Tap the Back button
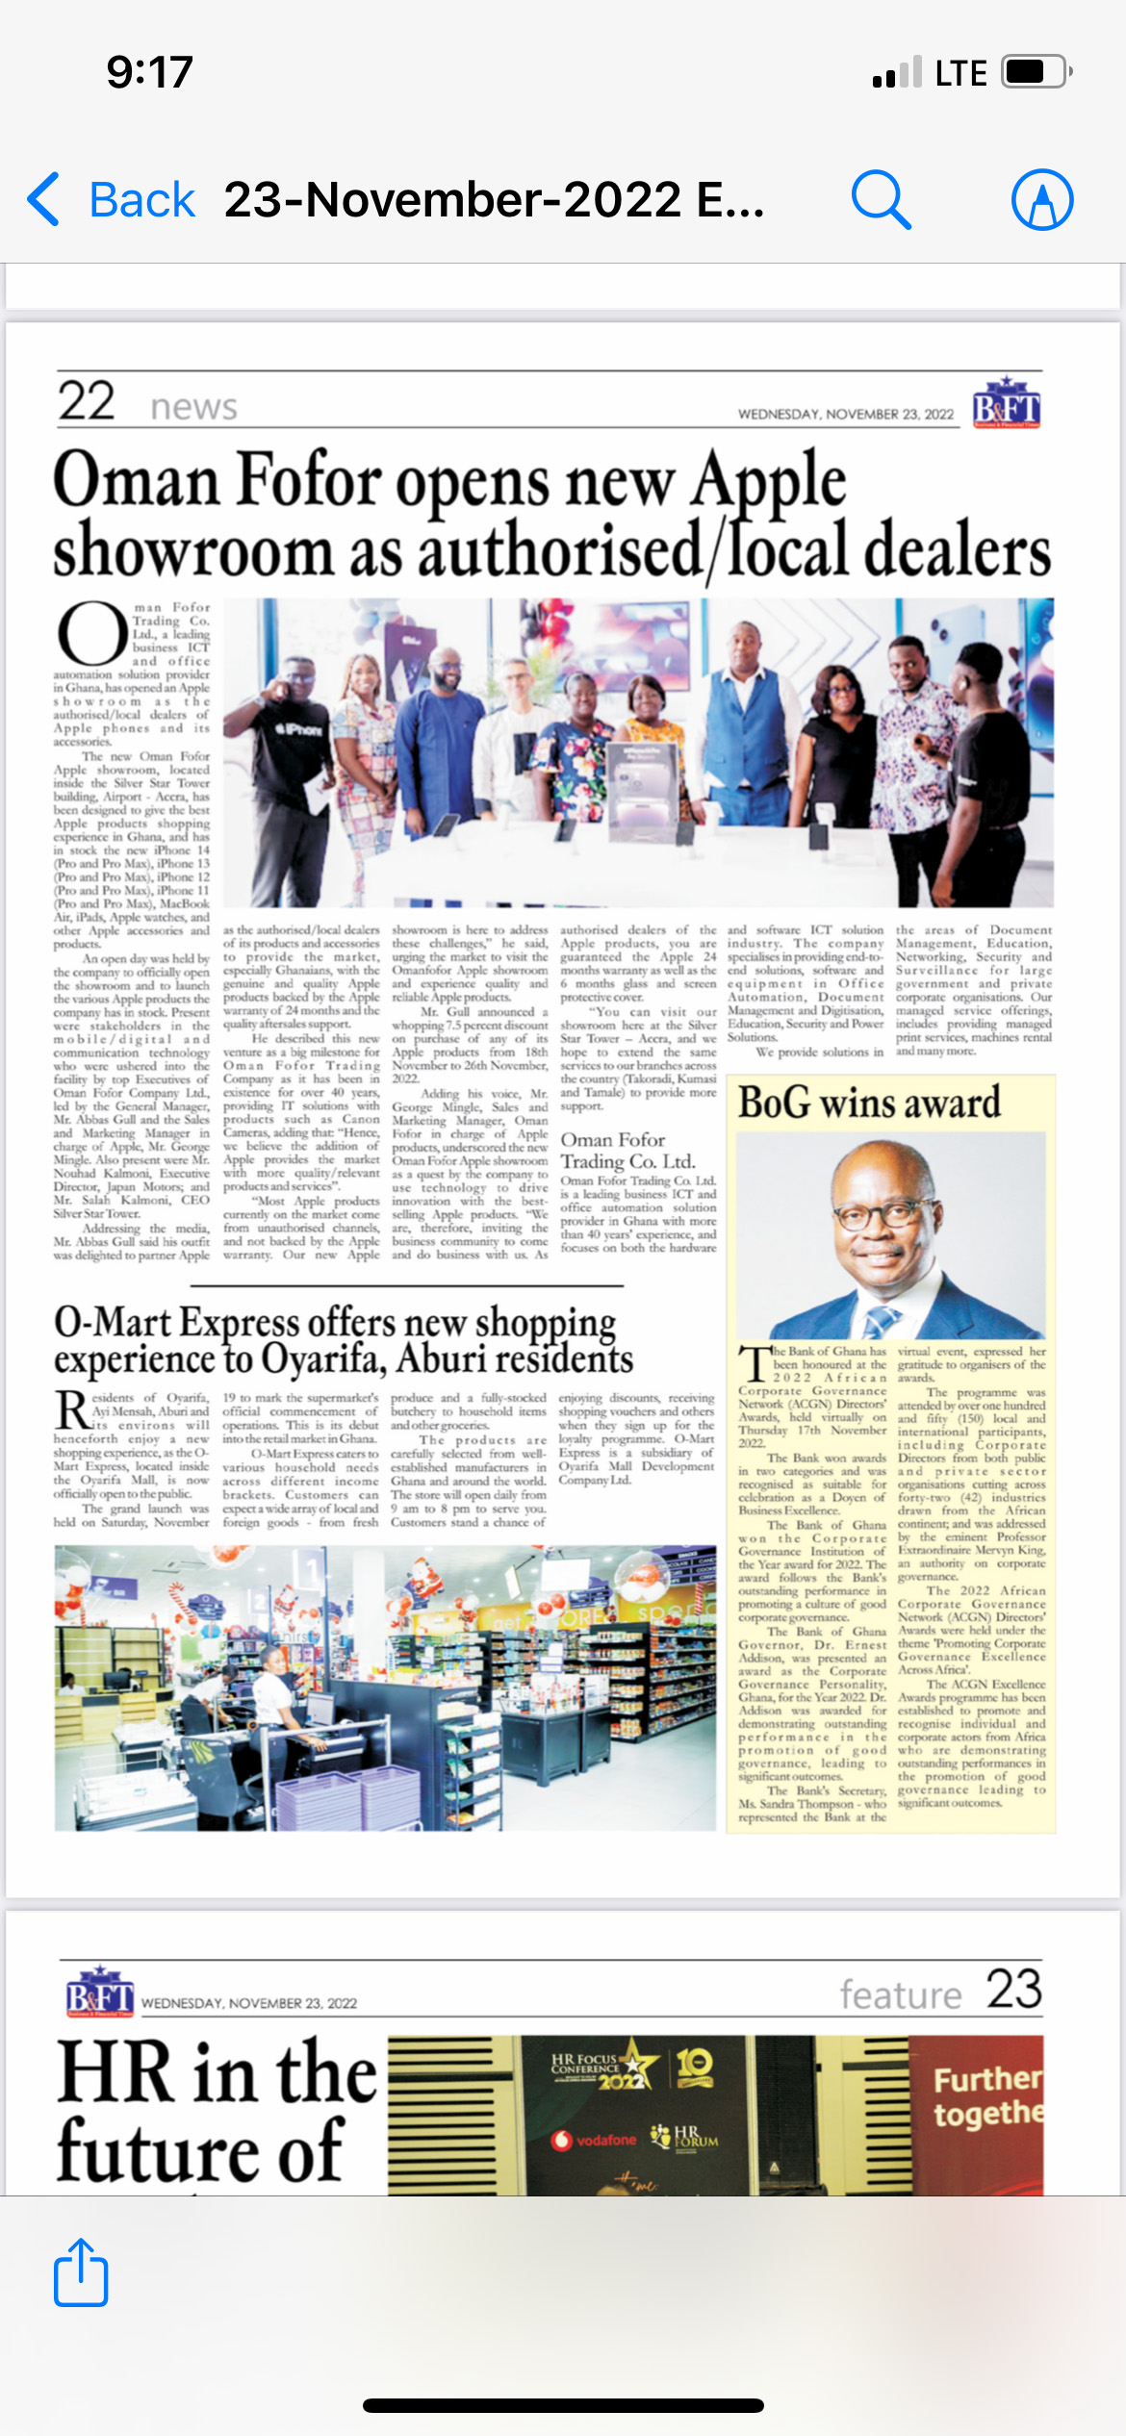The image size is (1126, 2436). tap(112, 200)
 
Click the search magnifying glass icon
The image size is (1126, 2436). tap(880, 200)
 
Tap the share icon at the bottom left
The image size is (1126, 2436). tap(81, 2272)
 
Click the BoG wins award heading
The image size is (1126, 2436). tap(868, 1103)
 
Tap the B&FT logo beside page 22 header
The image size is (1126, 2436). tap(1006, 403)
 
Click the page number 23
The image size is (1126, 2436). tap(1013, 1989)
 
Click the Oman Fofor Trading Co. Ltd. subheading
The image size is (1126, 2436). tap(627, 1151)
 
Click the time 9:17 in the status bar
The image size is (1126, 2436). tap(149, 72)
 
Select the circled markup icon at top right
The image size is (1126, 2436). tap(1041, 200)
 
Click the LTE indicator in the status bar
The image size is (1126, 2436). tap(960, 73)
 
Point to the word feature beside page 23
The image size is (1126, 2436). tap(900, 1995)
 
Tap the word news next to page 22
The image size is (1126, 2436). tap(193, 407)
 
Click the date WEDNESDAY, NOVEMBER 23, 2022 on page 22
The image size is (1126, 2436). tap(845, 415)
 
